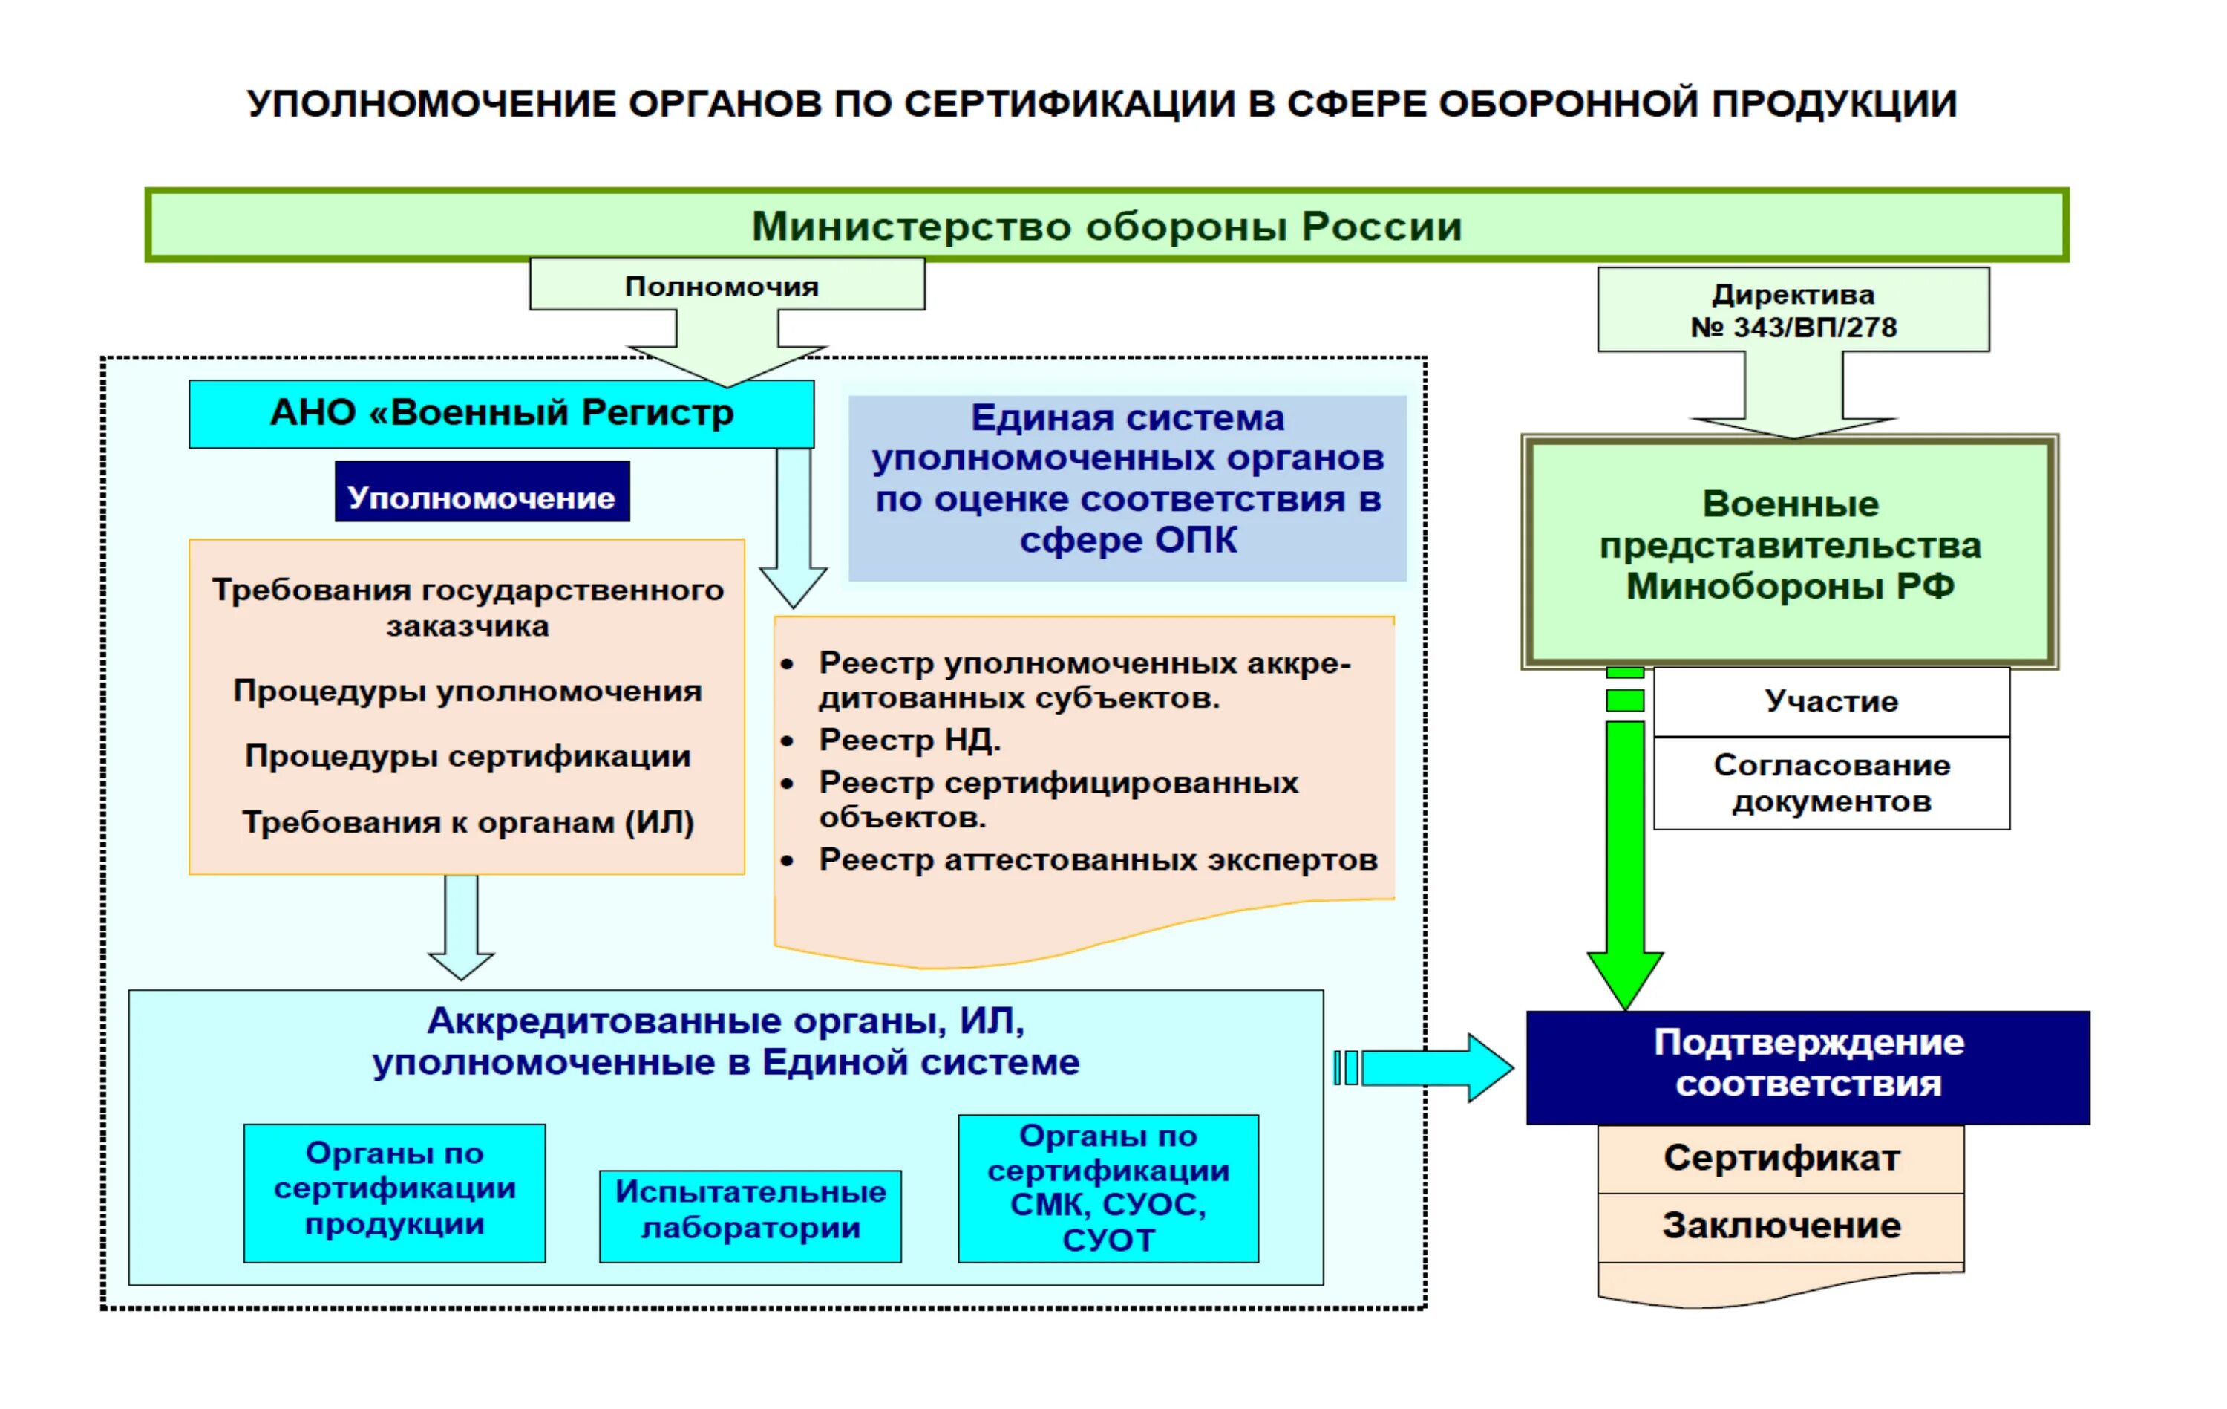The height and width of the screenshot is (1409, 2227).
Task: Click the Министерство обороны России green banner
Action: pos(1106,226)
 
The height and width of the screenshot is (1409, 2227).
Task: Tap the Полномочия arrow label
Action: pos(722,286)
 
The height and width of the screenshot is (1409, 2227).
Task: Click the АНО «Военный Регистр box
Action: pos(501,414)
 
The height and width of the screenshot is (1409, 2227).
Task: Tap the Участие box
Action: pos(1831,701)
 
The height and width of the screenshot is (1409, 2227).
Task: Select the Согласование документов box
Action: pos(1831,783)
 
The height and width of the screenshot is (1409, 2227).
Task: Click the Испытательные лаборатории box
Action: pos(750,1210)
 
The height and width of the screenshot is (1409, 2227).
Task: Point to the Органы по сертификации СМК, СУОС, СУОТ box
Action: pos(1108,1188)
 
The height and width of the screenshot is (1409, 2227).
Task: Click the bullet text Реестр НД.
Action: pos(909,740)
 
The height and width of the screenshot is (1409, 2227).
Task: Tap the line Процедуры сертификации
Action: pos(467,756)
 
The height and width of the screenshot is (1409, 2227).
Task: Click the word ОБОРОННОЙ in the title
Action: pos(1566,104)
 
